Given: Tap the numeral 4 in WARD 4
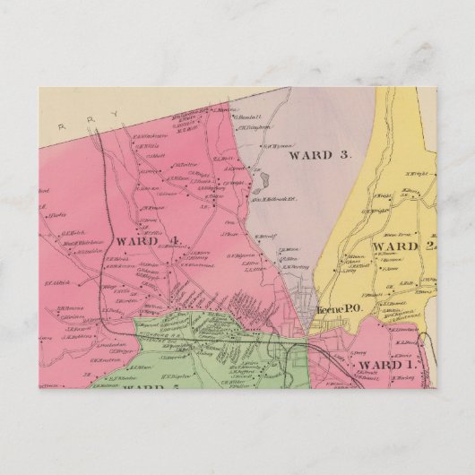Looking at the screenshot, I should point(176,241).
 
